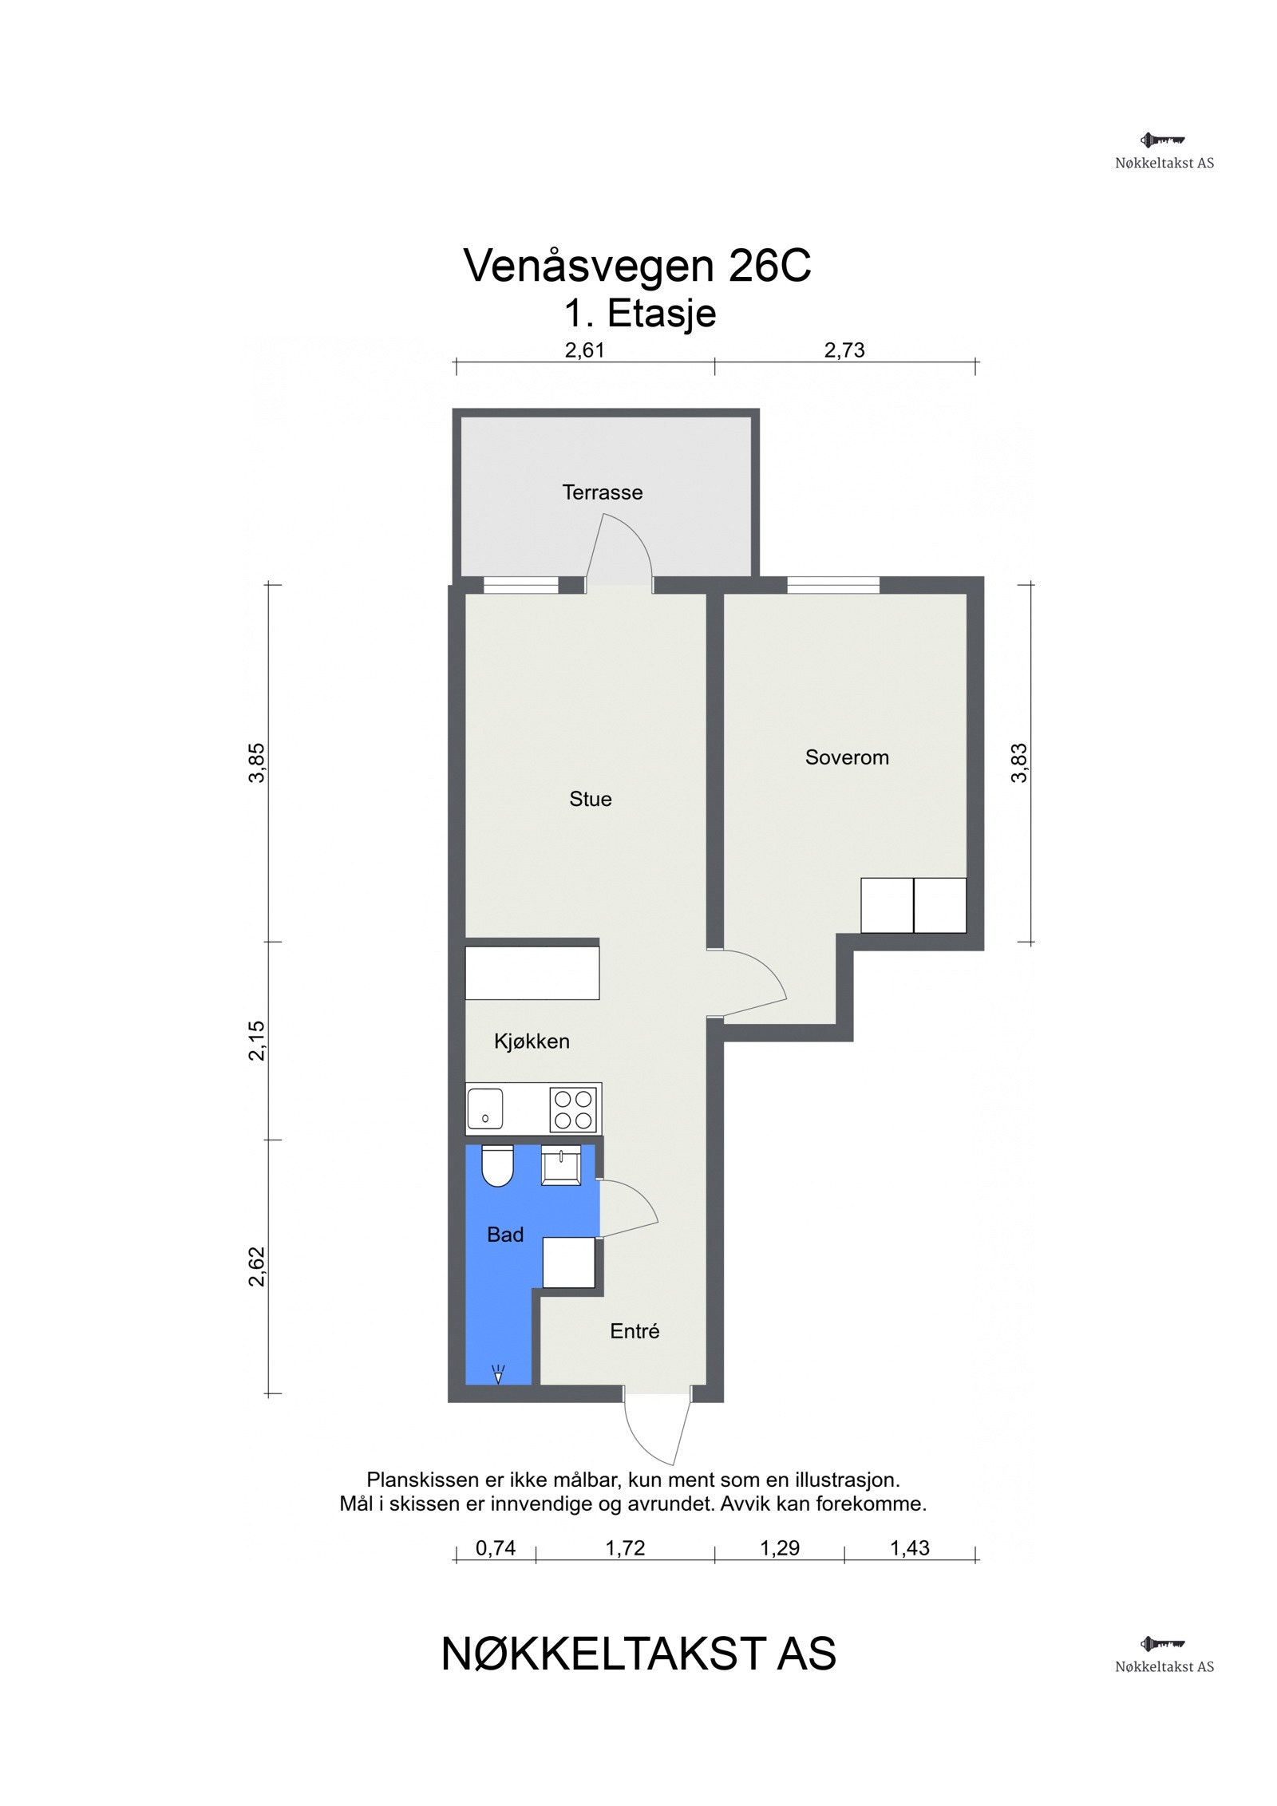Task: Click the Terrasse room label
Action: click(x=602, y=492)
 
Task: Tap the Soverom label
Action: click(x=846, y=757)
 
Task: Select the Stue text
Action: click(x=590, y=799)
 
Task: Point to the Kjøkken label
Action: click(x=532, y=1041)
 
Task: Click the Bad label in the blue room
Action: click(x=504, y=1234)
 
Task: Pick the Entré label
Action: click(x=635, y=1330)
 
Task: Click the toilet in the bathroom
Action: click(x=496, y=1165)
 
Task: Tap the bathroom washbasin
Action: click(x=561, y=1165)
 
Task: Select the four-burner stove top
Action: click(x=573, y=1109)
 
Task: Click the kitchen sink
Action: click(x=484, y=1108)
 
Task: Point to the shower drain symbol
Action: click(x=498, y=1374)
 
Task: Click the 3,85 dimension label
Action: click(x=257, y=763)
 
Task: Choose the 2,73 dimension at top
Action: click(x=844, y=350)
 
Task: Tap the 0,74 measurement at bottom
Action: click(x=496, y=1547)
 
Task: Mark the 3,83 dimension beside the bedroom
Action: click(x=1019, y=763)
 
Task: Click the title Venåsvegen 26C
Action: click(x=637, y=266)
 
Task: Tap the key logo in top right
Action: click(x=1162, y=140)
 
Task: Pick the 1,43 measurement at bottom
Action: click(x=909, y=1547)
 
